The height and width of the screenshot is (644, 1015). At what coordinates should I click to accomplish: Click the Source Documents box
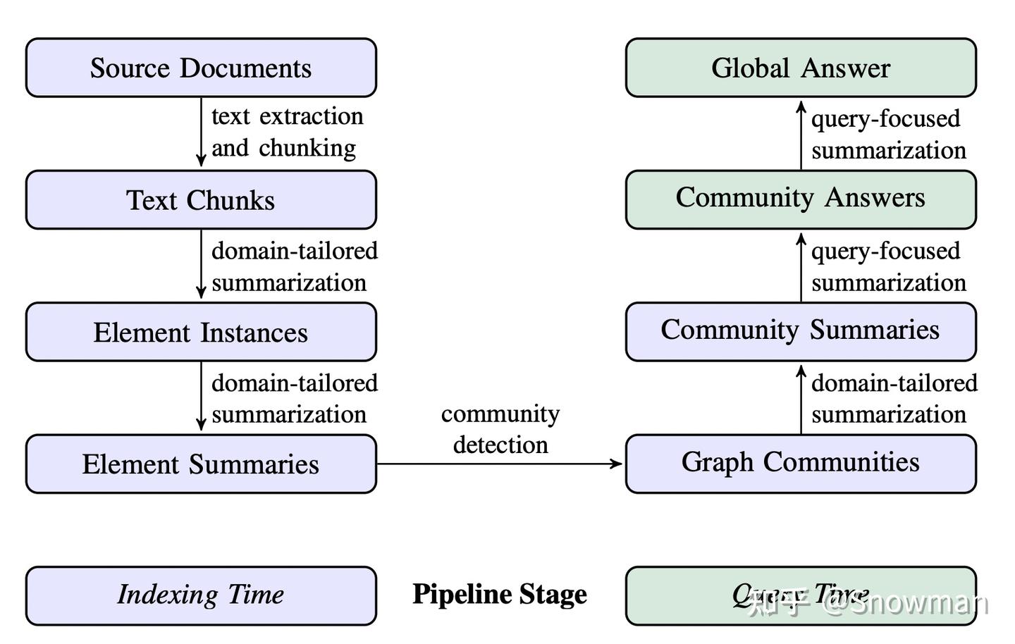tap(201, 68)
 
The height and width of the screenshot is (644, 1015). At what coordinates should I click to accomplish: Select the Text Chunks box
tap(201, 200)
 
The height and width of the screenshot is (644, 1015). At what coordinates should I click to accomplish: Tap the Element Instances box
tap(201, 332)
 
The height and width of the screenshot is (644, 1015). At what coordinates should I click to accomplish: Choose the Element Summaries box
tap(201, 464)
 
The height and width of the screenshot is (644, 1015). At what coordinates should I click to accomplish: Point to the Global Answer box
tap(801, 68)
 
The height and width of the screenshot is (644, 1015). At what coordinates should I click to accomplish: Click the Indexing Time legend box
tap(201, 595)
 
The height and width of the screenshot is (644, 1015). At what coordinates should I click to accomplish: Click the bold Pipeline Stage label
tap(500, 594)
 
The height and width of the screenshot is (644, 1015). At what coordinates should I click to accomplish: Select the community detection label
tap(500, 428)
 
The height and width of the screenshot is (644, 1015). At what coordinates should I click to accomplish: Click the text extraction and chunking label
tap(286, 132)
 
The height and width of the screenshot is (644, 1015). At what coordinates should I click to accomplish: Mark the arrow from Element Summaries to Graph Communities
tap(500, 464)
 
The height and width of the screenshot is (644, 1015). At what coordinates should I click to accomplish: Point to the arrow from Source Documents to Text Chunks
tap(201, 132)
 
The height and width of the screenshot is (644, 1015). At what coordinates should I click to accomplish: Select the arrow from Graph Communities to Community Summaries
tap(801, 398)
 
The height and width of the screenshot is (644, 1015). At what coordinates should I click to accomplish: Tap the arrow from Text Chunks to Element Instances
tap(201, 265)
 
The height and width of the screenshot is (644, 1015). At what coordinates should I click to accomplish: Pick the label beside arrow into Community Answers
tap(888, 266)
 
